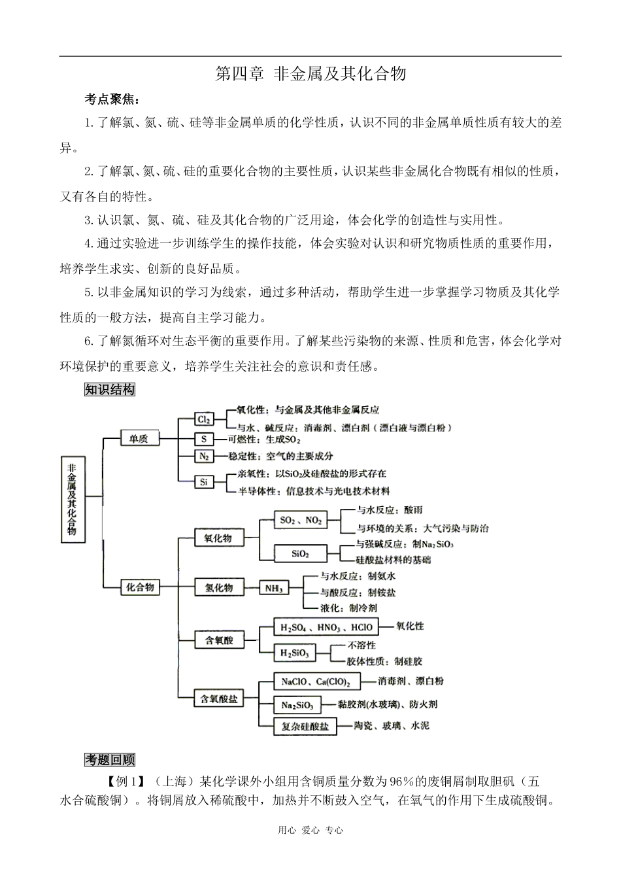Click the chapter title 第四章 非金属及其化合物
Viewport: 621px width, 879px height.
[310, 74]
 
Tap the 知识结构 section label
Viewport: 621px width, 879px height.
[110, 390]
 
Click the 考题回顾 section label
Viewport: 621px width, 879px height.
[110, 759]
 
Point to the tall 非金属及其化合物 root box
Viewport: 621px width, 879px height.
[71, 500]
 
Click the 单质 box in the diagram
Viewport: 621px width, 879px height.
[139, 438]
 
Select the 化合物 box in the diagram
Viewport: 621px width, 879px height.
[140, 587]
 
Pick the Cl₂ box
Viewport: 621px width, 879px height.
[203, 419]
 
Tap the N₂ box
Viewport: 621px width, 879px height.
[204, 456]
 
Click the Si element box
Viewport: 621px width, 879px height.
[204, 482]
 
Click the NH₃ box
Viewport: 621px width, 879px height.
[273, 588]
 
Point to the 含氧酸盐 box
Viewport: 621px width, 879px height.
[219, 699]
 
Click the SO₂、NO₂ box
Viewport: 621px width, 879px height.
[301, 521]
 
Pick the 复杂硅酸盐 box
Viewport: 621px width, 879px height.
[305, 726]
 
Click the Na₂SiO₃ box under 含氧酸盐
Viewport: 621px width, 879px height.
[297, 705]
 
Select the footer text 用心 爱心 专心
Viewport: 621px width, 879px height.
[310, 830]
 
